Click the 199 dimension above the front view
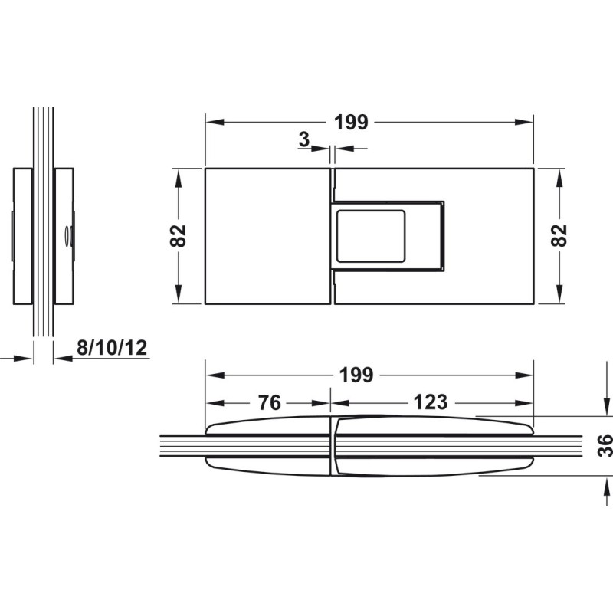pyautogui.click(x=351, y=123)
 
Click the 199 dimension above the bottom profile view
pyautogui.click(x=356, y=375)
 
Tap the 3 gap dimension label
pyautogui.click(x=303, y=139)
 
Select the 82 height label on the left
pyautogui.click(x=179, y=236)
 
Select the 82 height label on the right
pyautogui.click(x=559, y=236)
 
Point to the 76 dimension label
pyautogui.click(x=270, y=403)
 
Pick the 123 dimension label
pyautogui.click(x=431, y=402)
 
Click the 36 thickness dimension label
pyautogui.click(x=605, y=446)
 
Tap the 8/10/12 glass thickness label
pyautogui.click(x=112, y=348)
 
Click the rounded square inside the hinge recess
pyautogui.click(x=371, y=236)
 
